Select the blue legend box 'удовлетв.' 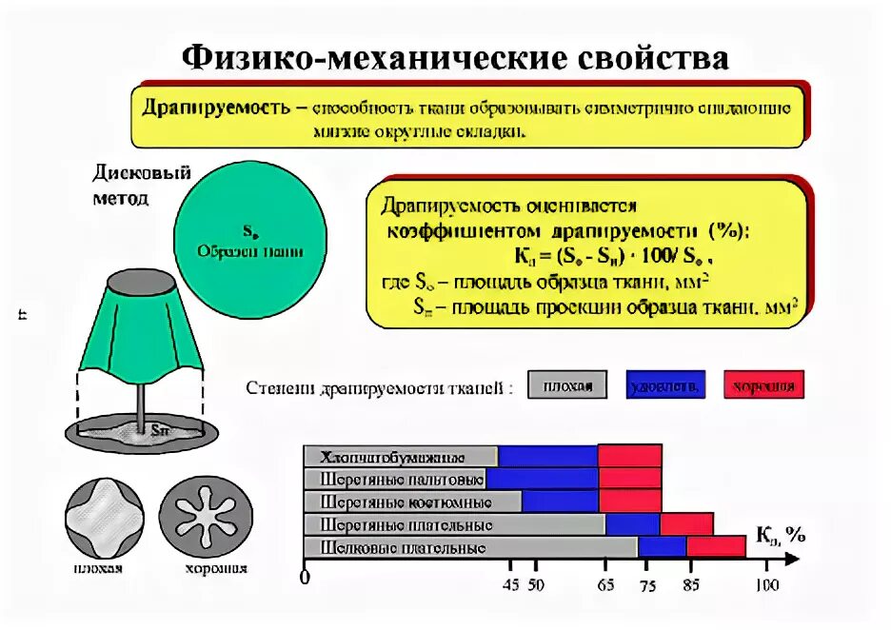pyautogui.click(x=665, y=384)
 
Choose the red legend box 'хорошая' pyautogui.click(x=763, y=384)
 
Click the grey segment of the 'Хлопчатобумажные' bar pyautogui.click(x=400, y=456)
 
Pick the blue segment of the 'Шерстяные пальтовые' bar pyautogui.click(x=542, y=479)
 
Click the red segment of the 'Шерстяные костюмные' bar pyautogui.click(x=629, y=502)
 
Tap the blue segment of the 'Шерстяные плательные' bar pyautogui.click(x=632, y=524)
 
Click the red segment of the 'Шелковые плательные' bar pyautogui.click(x=715, y=547)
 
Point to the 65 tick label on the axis pyautogui.click(x=605, y=586)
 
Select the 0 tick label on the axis pyautogui.click(x=305, y=579)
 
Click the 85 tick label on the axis pyautogui.click(x=691, y=586)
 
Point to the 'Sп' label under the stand pyautogui.click(x=160, y=429)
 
